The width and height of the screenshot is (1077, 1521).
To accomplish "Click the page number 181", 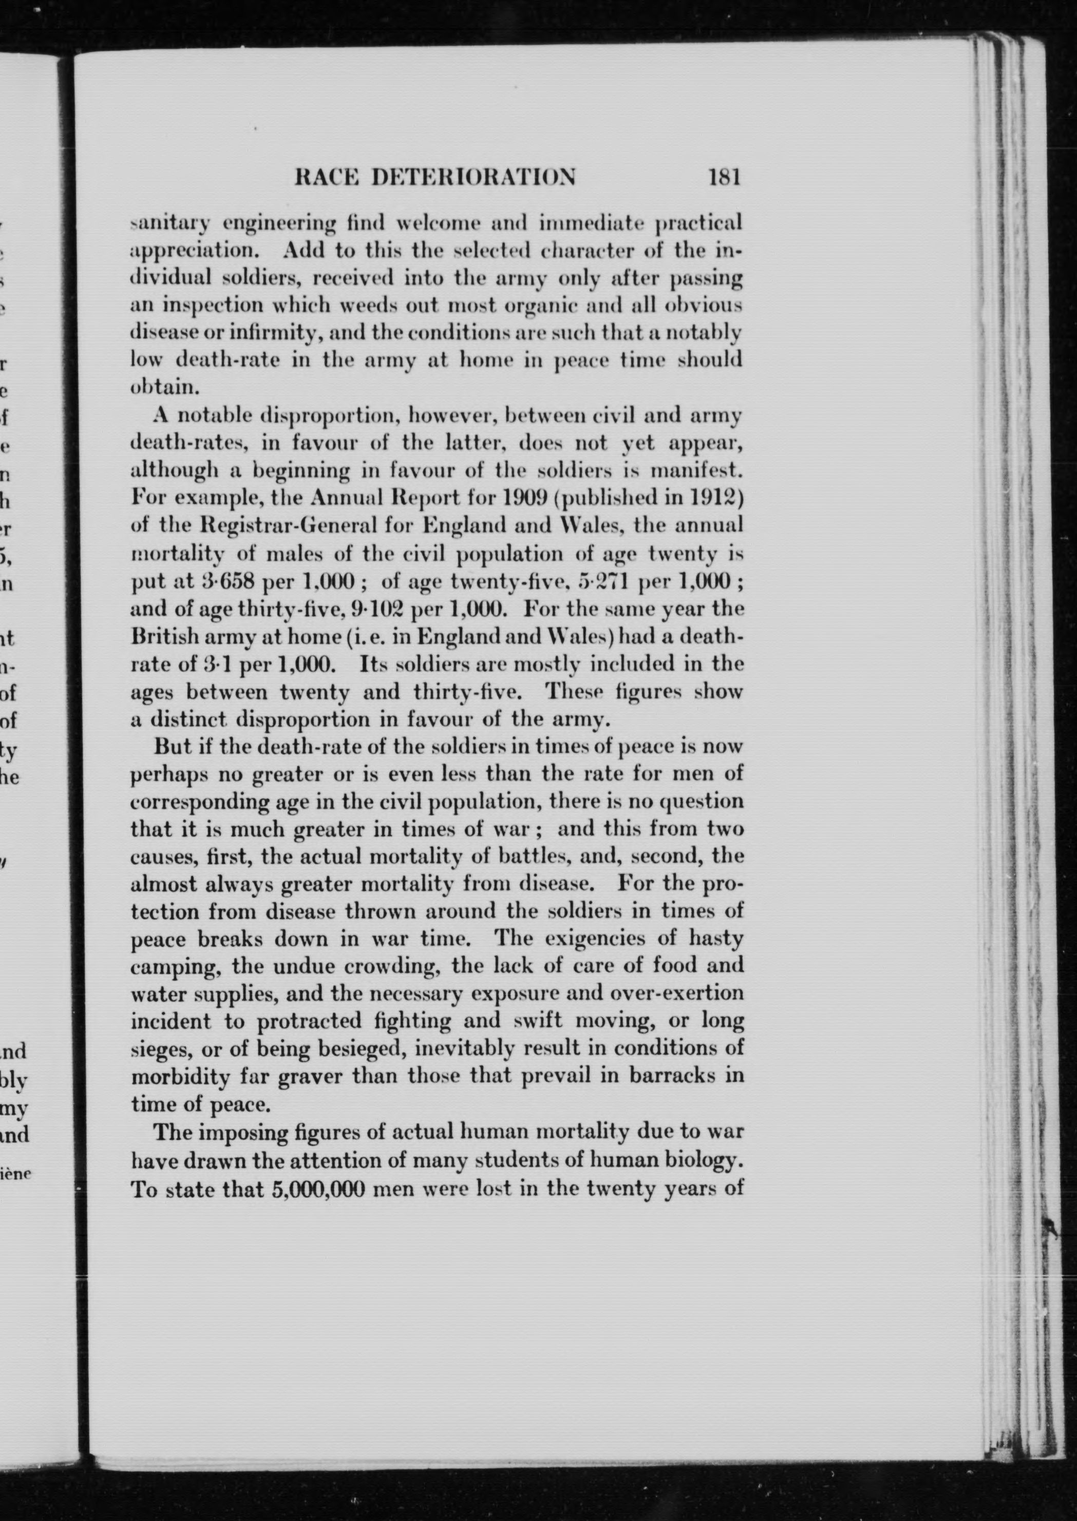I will tap(724, 178).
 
